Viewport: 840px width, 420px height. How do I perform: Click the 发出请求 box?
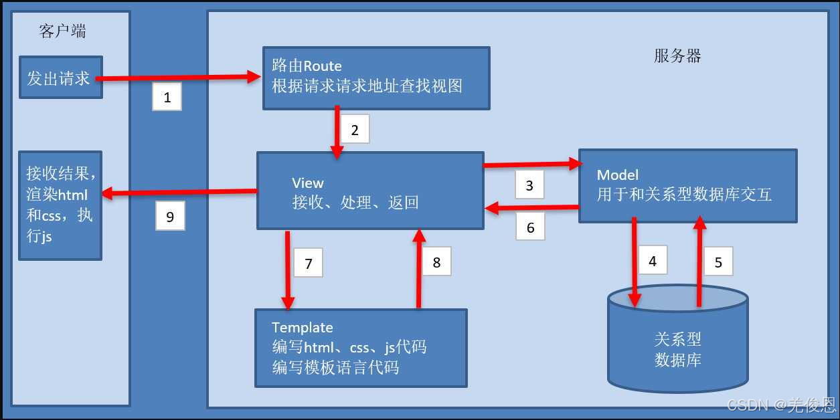(60, 78)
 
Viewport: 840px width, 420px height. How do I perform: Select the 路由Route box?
(375, 78)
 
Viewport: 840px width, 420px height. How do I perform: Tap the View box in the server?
(370, 191)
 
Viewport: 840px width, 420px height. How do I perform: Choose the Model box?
(687, 185)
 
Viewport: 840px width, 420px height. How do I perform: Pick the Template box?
(360, 347)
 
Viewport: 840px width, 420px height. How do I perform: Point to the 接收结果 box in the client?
(60, 205)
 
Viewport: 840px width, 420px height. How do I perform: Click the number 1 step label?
(167, 98)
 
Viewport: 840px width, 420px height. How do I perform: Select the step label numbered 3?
(529, 185)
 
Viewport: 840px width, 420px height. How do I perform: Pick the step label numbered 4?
(653, 261)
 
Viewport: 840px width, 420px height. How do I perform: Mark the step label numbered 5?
(718, 262)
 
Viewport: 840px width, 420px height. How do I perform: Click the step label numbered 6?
(530, 228)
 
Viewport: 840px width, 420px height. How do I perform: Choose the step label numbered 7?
(308, 264)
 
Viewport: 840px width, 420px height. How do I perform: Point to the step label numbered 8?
(436, 262)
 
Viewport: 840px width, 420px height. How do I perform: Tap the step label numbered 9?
(170, 217)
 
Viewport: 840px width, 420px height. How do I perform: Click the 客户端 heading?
(63, 31)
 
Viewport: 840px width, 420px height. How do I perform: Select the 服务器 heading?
(677, 56)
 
